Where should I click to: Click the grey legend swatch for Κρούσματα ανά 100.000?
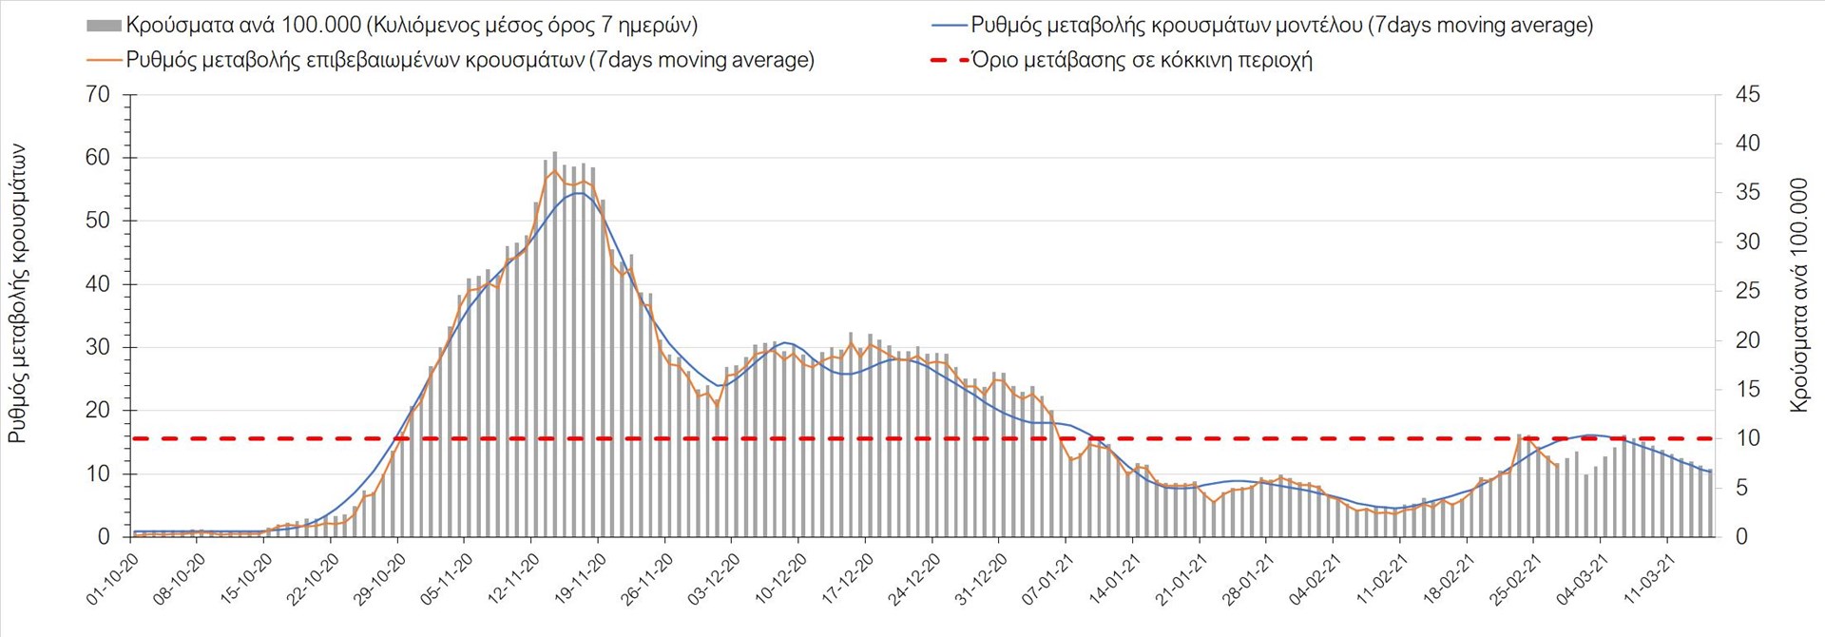(x=105, y=26)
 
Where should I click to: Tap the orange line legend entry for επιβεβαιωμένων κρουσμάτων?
(x=105, y=60)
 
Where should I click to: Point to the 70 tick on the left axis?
(x=98, y=94)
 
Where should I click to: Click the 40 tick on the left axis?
(x=98, y=283)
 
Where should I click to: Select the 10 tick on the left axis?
(x=98, y=473)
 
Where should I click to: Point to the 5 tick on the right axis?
(x=1741, y=488)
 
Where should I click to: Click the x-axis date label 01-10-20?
(x=113, y=579)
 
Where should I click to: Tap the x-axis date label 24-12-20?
(x=914, y=579)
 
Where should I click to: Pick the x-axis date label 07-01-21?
(x=1047, y=579)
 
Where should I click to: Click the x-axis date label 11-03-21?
(x=1649, y=579)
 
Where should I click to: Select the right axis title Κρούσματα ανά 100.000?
(x=1798, y=295)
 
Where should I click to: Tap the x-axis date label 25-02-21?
(x=1515, y=579)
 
